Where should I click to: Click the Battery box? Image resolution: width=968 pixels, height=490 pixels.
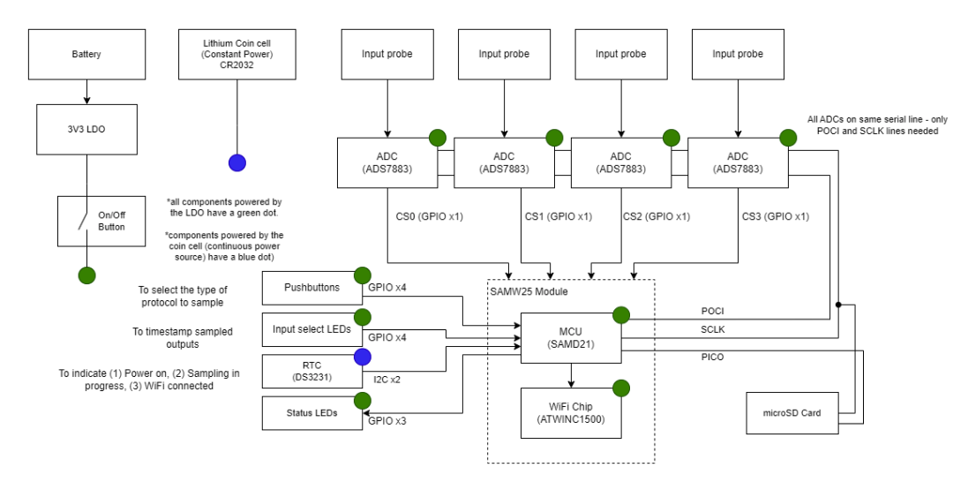(x=86, y=54)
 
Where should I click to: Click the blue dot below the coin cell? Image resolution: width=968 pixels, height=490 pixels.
(x=236, y=162)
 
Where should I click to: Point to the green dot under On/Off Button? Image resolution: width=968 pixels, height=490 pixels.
(x=86, y=275)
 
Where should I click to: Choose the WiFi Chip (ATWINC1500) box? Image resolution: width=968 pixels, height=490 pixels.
(x=570, y=412)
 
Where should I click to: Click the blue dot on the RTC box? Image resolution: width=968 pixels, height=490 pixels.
(x=360, y=356)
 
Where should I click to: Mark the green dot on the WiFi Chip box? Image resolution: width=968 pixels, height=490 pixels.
(x=621, y=387)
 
